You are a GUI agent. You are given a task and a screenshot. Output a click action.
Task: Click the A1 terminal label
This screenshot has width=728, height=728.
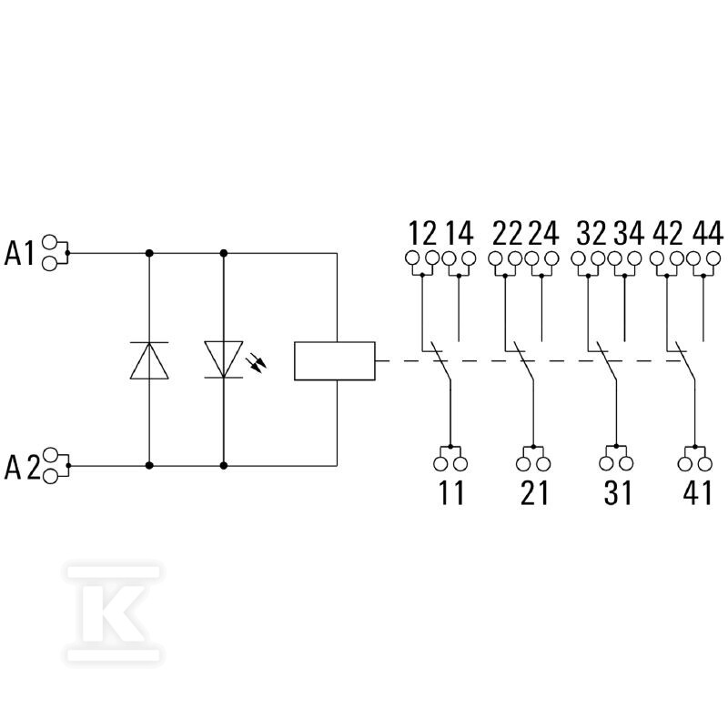tap(19, 254)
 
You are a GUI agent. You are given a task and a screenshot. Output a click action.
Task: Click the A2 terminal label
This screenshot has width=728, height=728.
tap(22, 467)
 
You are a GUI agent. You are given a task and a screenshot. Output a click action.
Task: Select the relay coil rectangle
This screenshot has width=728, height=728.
tap(335, 361)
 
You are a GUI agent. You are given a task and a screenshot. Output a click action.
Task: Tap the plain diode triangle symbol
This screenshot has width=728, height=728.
tap(149, 360)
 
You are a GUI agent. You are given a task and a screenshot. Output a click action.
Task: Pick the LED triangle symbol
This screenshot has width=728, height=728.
tap(223, 359)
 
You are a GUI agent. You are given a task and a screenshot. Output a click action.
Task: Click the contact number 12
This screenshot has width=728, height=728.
tap(422, 234)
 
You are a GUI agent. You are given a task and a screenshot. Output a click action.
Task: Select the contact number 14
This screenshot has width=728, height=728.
tap(460, 234)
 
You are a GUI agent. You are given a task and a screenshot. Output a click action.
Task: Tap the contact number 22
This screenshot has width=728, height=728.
tap(507, 234)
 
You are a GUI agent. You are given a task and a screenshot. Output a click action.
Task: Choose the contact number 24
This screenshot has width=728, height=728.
tap(543, 234)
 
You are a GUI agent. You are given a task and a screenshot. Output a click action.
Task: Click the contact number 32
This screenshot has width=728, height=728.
tap(591, 234)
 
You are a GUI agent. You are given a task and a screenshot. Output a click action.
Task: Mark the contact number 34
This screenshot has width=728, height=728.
tap(629, 234)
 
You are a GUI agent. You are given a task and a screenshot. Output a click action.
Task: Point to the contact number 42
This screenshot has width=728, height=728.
tap(668, 234)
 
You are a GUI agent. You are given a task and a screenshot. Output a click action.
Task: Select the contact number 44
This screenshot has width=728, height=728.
tap(708, 234)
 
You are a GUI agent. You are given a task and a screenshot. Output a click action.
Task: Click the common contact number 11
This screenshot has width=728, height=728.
tap(451, 492)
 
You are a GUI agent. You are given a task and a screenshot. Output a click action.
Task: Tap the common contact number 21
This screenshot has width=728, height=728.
tap(534, 492)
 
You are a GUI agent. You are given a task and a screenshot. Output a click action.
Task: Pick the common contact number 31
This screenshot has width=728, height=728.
tap(618, 492)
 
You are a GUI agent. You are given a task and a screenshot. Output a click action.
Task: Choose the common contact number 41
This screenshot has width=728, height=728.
tap(697, 492)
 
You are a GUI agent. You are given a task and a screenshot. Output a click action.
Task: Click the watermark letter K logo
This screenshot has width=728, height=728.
tap(113, 613)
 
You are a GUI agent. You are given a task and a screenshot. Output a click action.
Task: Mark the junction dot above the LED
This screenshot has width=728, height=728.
tap(224, 253)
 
